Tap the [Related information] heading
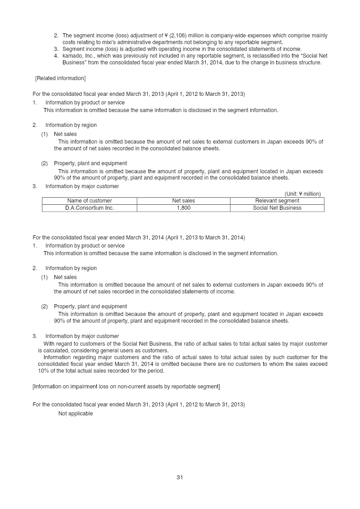point(60,78)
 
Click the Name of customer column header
point(90,201)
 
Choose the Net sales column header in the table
point(184,201)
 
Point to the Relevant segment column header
point(277,201)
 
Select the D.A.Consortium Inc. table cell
point(90,208)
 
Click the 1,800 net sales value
point(184,208)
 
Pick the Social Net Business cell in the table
point(277,208)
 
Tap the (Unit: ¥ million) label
point(302,194)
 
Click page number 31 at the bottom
point(180,477)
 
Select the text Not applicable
point(76,414)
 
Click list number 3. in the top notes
point(56,49)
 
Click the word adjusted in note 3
point(121,49)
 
